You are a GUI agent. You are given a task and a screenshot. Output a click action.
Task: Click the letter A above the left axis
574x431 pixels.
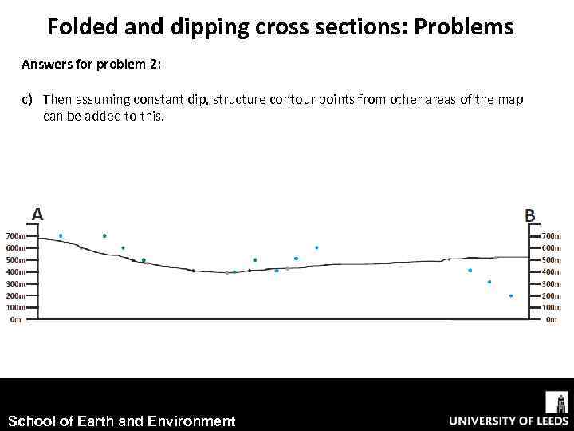pyautogui.click(x=37, y=214)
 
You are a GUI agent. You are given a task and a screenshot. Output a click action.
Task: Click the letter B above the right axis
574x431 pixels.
pyautogui.click(x=530, y=215)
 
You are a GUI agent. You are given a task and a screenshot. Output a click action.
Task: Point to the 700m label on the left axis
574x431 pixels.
pyautogui.click(x=15, y=236)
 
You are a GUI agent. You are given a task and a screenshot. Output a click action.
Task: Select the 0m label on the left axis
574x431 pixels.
pyautogui.click(x=16, y=319)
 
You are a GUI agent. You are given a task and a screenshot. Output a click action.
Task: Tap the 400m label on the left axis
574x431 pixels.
pyautogui.click(x=15, y=271)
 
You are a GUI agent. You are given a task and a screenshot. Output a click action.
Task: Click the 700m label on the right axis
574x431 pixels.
pyautogui.click(x=551, y=236)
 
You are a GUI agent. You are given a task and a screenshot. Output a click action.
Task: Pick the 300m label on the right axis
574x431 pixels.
pyautogui.click(x=551, y=283)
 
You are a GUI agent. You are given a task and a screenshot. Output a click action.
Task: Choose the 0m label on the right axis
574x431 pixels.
pyautogui.click(x=551, y=319)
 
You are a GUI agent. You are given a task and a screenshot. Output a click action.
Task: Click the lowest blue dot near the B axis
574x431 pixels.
pyautogui.click(x=510, y=296)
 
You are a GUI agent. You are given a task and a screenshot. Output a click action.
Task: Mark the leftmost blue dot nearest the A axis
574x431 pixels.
pyautogui.click(x=61, y=236)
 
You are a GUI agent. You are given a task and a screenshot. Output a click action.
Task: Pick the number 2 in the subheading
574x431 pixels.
pyautogui.click(x=155, y=65)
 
